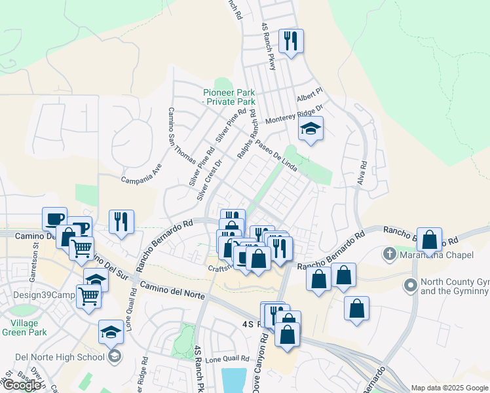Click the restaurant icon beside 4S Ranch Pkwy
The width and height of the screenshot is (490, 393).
[290, 41]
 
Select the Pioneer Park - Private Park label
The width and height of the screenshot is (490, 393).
[229, 97]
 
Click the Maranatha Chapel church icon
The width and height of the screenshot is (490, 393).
[390, 253]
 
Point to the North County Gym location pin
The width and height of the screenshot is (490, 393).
[411, 285]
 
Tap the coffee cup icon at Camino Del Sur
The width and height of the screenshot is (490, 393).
[54, 219]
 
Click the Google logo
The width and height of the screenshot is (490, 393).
[22, 384]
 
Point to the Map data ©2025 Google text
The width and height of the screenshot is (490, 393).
[449, 388]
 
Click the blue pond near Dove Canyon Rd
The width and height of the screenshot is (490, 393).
[234, 381]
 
